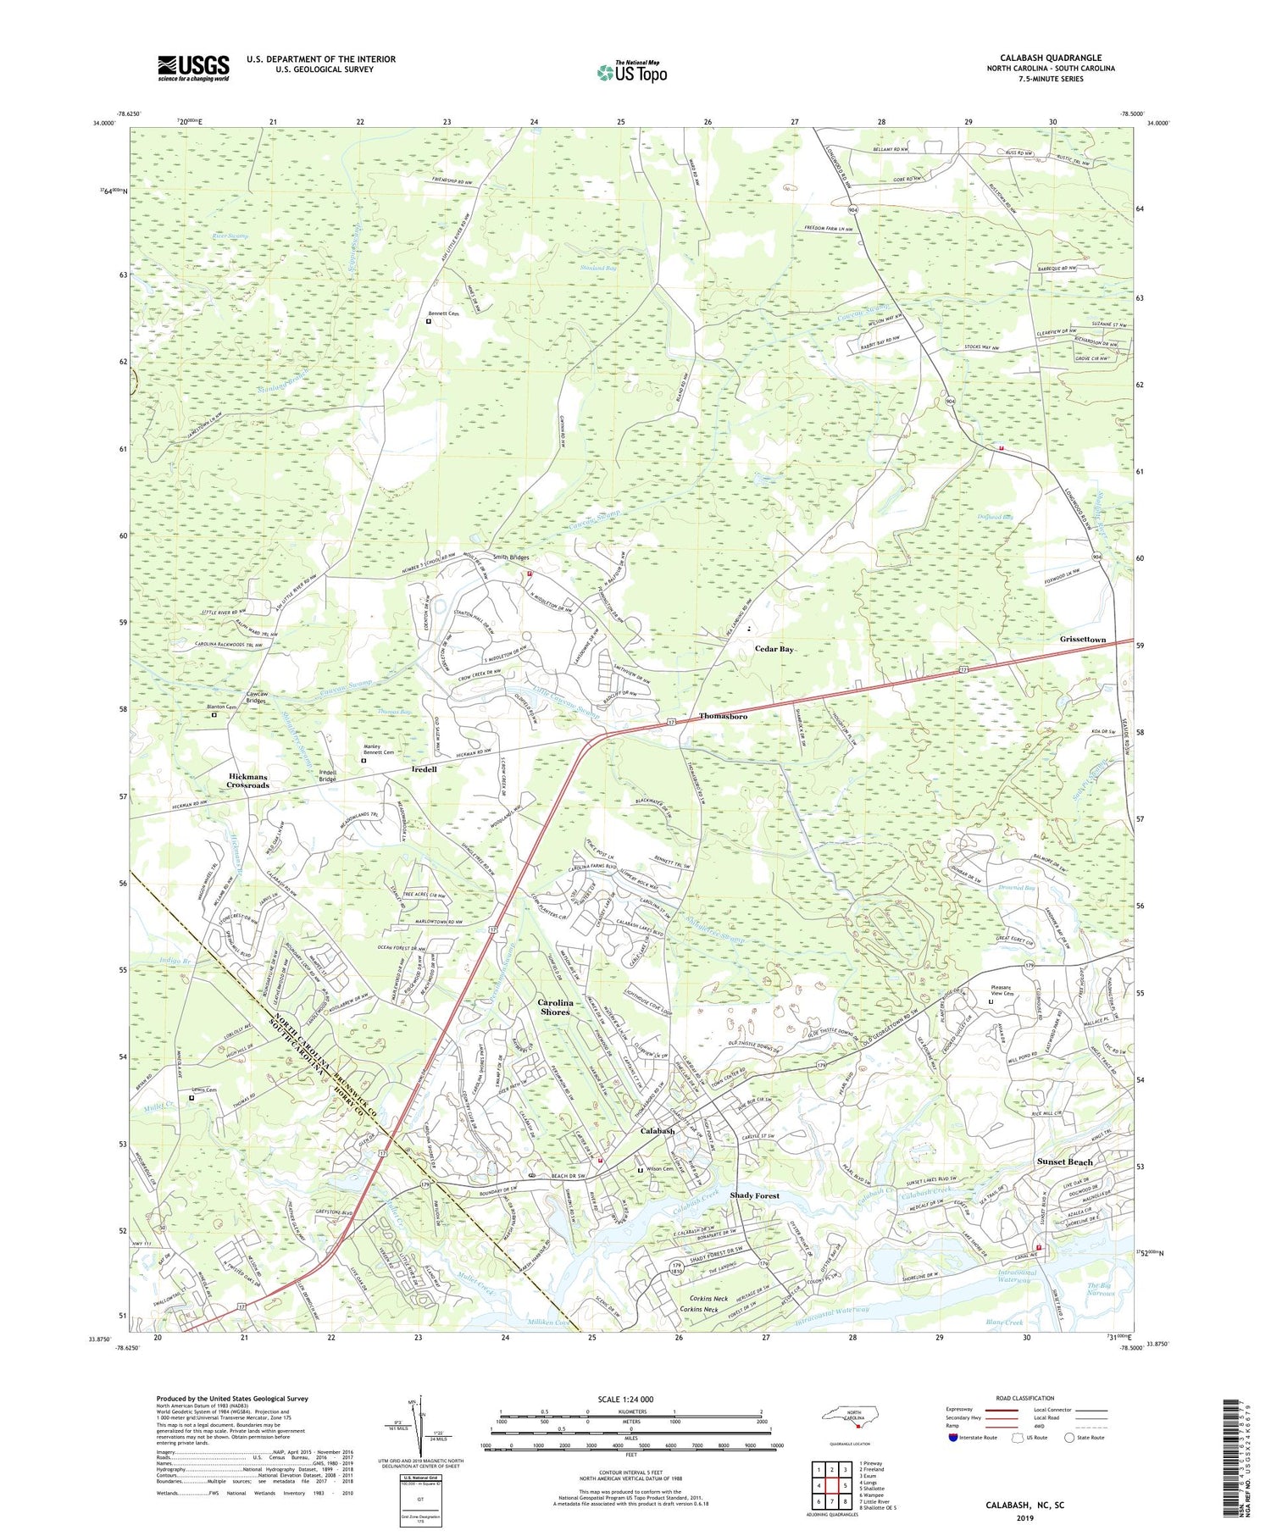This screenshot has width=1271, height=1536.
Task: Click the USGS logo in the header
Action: click(193, 68)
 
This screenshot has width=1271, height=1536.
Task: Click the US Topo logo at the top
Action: click(631, 73)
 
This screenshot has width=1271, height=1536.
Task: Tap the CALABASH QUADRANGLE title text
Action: click(1050, 58)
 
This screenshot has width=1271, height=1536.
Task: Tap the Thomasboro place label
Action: click(723, 716)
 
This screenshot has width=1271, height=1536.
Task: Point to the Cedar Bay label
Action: click(774, 648)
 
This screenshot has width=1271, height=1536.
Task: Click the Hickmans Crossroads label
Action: click(247, 780)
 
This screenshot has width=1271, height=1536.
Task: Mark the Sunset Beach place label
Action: click(1064, 1162)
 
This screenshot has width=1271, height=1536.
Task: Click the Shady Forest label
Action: click(754, 1195)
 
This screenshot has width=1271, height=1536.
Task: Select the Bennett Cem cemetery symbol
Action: click(429, 321)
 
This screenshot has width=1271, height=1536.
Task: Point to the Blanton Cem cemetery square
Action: click(214, 714)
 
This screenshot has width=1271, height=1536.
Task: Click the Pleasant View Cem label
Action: click(1002, 990)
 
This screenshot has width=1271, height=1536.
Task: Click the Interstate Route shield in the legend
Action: click(954, 1437)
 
